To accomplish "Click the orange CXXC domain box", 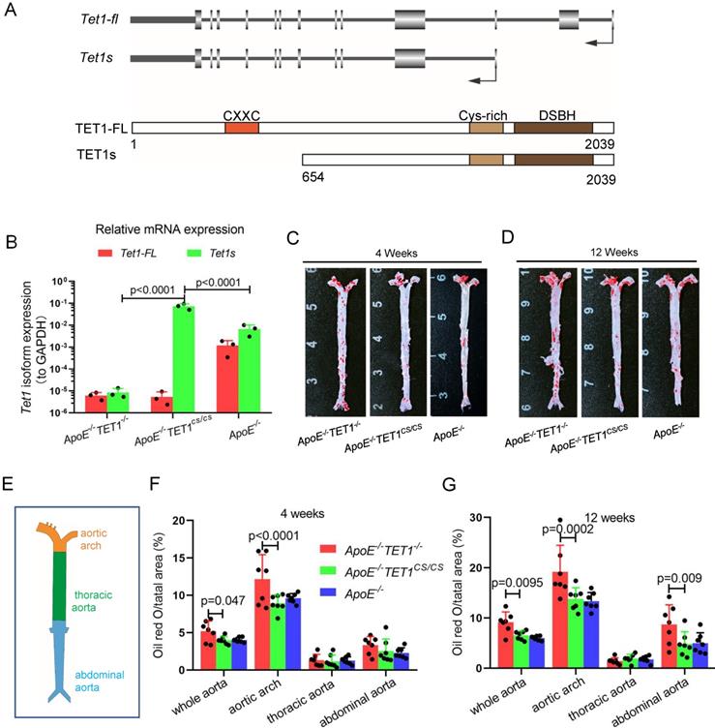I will click(241, 127).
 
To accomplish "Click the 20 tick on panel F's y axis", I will click(181, 519).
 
